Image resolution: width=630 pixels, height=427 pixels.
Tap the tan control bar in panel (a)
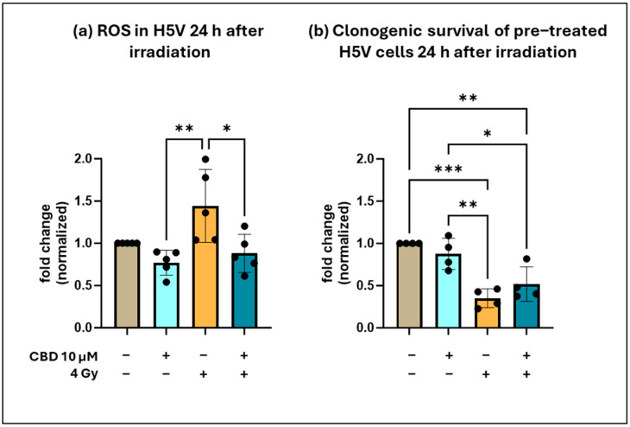pyautogui.click(x=129, y=286)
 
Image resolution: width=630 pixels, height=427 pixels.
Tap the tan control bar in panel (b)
pyautogui.click(x=410, y=286)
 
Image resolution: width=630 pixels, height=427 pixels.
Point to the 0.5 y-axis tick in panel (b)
pyautogui.click(x=377, y=286)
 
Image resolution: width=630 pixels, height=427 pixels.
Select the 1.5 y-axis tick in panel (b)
pyautogui.click(x=377, y=201)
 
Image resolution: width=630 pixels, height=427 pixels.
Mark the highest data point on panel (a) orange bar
pyautogui.click(x=205, y=160)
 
